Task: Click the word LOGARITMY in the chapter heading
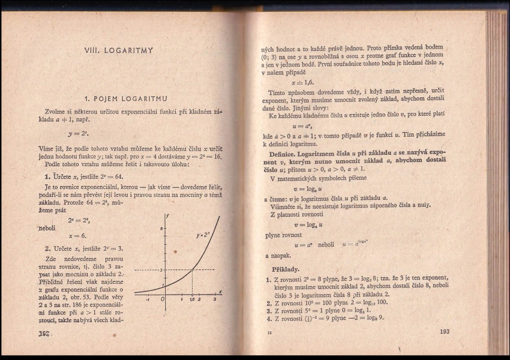tap(128, 50)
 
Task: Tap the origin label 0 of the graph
tap(162, 299)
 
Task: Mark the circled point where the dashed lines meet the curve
tap(191, 271)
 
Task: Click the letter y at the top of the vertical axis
tap(167, 215)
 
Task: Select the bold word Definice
tap(277, 154)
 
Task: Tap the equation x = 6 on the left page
tap(78, 236)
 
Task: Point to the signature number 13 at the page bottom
tap(269, 332)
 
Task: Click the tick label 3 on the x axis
tap(214, 299)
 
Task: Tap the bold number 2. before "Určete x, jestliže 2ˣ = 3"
tap(47, 248)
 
